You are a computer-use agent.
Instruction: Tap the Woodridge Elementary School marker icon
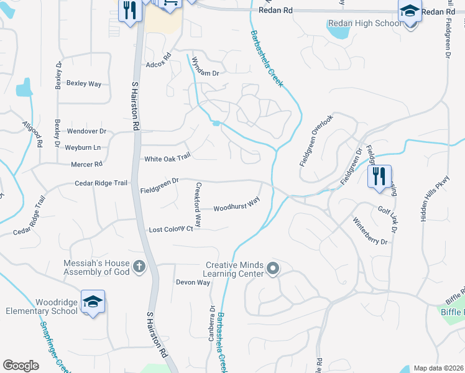click(x=93, y=302)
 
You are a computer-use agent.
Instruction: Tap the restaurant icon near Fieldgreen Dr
click(x=379, y=176)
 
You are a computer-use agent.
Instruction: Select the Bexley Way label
click(x=84, y=83)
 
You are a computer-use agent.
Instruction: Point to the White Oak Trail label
click(x=167, y=159)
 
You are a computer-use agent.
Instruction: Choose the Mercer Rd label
click(x=86, y=164)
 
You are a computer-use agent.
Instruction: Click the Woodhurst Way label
click(x=236, y=205)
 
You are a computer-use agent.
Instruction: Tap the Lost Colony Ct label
click(x=171, y=229)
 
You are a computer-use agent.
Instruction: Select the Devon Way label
click(x=193, y=282)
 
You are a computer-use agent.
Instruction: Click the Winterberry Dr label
click(x=370, y=230)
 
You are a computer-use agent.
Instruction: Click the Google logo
click(x=21, y=366)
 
